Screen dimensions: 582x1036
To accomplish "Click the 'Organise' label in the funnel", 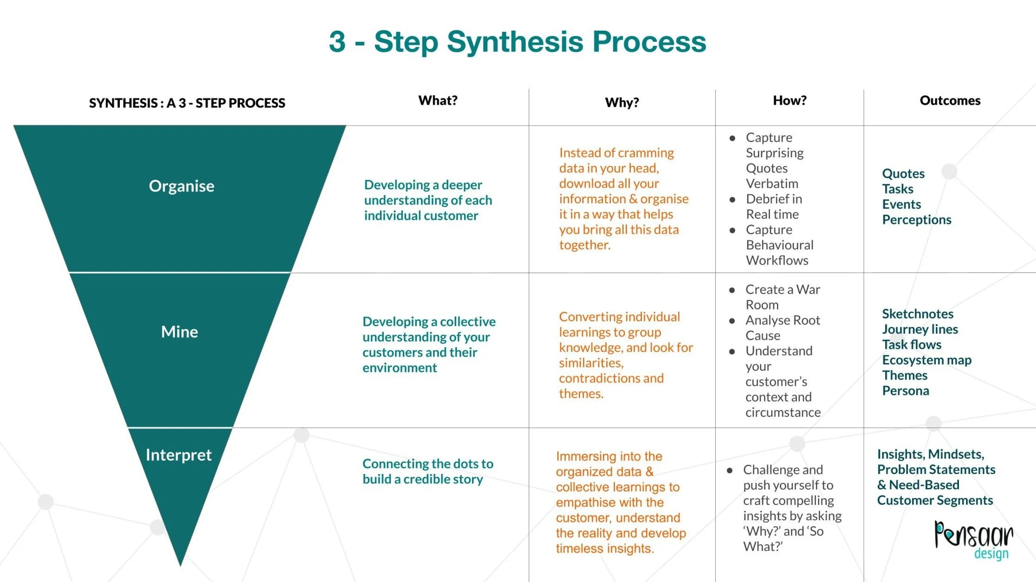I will tap(181, 186).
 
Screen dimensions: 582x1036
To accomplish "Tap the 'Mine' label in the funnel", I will tap(180, 332).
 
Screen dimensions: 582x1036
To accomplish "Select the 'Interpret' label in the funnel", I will tap(179, 455).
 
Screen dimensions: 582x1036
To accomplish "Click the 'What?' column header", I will tap(438, 101).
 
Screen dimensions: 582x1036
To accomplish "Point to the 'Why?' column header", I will tap(622, 102).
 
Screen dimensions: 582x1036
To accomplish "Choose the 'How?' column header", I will tap(790, 101).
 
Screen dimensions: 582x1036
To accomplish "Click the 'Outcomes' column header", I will tap(950, 101).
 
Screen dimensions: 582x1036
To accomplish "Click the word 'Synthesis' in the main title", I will tap(515, 42).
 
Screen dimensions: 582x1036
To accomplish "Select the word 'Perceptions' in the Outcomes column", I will tap(917, 220).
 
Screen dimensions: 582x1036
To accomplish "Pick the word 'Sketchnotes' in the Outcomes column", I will tap(918, 314).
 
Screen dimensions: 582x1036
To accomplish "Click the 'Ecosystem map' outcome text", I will tap(926, 360).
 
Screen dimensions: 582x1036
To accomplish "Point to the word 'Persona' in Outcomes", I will tap(906, 391).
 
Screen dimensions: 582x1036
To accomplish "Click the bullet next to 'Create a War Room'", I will tap(732, 290).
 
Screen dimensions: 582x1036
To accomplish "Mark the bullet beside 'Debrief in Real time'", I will tap(732, 200).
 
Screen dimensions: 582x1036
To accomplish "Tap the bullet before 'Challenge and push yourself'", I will tap(730, 471).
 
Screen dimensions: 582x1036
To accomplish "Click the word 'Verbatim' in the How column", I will tap(772, 184).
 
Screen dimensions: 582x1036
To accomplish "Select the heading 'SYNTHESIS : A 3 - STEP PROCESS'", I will tap(187, 103).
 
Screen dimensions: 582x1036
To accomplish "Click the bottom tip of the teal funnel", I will tap(180, 564).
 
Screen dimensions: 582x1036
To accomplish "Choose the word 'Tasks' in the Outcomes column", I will tap(898, 189).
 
